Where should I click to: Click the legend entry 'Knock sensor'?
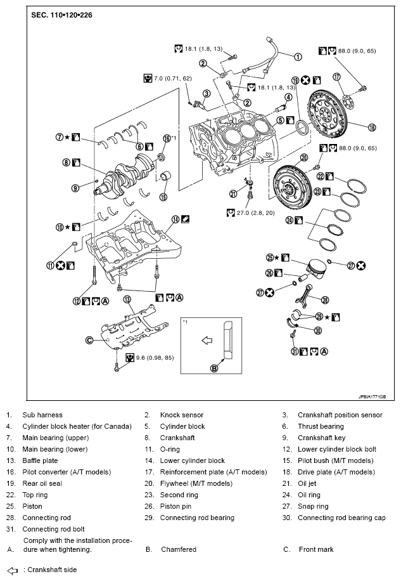tap(182, 415)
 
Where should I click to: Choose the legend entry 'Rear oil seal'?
tap(44, 483)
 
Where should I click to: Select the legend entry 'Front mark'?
tap(315, 549)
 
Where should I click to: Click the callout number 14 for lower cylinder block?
tap(175, 220)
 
